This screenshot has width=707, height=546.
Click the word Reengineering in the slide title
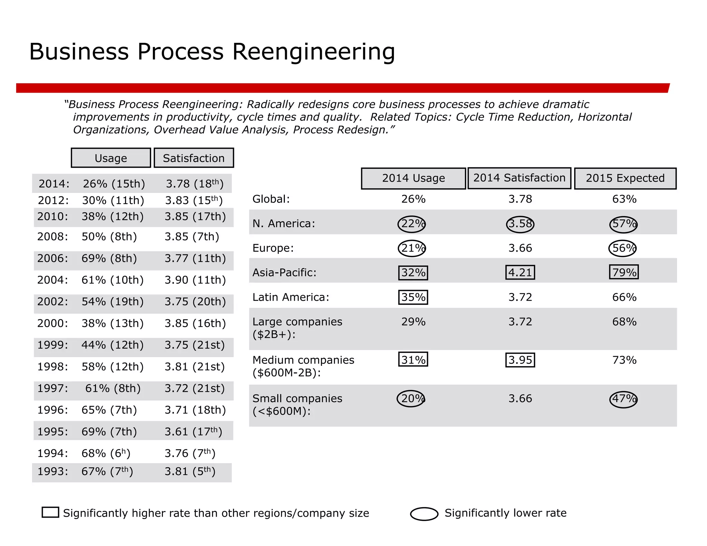(313, 52)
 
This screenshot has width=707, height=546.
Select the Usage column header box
(111, 158)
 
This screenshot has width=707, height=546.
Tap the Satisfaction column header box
(194, 158)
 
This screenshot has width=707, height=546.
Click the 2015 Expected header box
(625, 178)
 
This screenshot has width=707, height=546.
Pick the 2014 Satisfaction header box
(519, 178)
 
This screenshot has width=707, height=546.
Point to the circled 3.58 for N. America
(520, 224)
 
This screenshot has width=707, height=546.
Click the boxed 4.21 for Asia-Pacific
(520, 272)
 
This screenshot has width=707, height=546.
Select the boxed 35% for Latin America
(413, 297)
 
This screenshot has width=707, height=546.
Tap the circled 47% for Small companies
(623, 399)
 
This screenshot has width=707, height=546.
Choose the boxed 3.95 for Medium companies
(520, 360)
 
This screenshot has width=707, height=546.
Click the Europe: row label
(273, 248)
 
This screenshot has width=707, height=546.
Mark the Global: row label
(271, 199)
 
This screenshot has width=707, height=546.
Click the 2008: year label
(53, 237)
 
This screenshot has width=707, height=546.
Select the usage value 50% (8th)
(109, 237)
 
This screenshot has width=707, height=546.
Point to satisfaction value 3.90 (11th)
(195, 280)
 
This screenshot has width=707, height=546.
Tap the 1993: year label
(53, 471)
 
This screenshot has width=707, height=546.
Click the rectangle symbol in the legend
(50, 512)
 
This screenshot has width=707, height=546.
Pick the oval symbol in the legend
(424, 514)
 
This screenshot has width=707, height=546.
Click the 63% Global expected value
(624, 199)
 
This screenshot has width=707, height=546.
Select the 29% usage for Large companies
(413, 322)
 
